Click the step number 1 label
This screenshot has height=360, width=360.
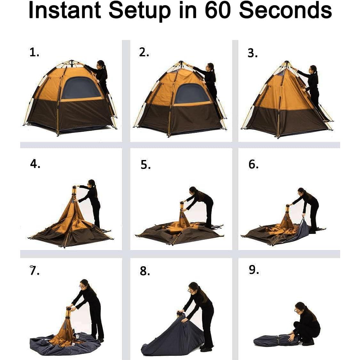[x=34, y=52]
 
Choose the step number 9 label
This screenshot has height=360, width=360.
[x=254, y=270]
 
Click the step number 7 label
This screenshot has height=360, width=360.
[x=34, y=270]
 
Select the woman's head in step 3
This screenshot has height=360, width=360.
[x=313, y=69]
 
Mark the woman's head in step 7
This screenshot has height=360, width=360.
[x=84, y=284]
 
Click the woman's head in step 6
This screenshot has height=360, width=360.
[x=302, y=192]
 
